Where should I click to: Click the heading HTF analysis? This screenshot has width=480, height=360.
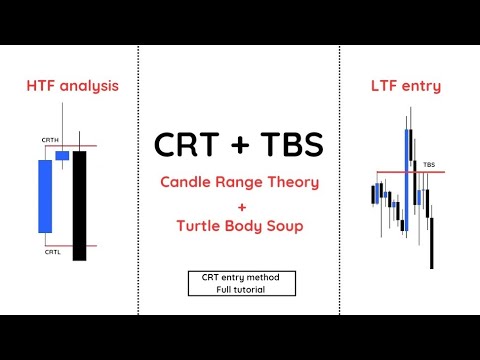(x=72, y=86)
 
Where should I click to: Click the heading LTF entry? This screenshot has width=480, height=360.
(x=405, y=86)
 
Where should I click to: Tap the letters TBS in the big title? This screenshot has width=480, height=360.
(x=290, y=145)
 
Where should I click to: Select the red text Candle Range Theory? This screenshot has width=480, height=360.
(x=240, y=182)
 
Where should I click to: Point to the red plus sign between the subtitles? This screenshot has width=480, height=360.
(x=240, y=205)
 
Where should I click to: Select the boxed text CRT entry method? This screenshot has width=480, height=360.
(x=240, y=277)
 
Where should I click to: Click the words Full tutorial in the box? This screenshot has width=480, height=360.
(x=240, y=289)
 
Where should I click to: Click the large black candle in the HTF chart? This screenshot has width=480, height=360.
(x=80, y=205)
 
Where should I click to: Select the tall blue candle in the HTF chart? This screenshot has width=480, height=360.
(x=45, y=197)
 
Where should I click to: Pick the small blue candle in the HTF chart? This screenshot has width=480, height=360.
(x=62, y=156)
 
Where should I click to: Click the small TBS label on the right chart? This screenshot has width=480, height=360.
(x=429, y=164)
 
